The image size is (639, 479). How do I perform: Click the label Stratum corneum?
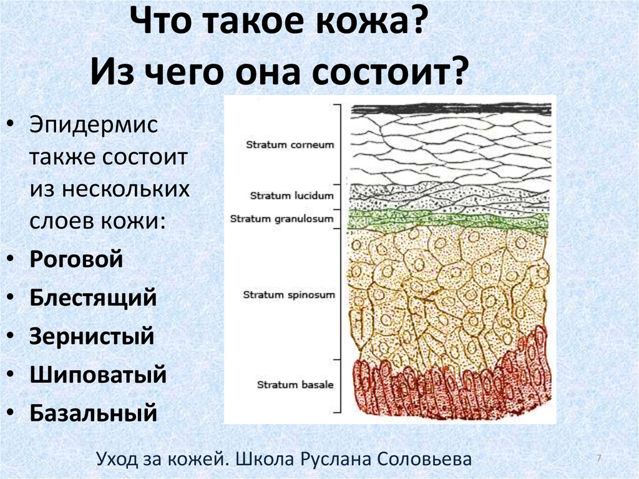point(290,145)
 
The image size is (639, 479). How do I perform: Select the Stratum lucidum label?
point(292,196)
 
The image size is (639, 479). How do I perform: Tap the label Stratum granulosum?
point(281,219)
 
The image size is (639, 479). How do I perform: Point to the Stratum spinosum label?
point(288,295)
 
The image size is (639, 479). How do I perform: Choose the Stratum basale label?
point(295,385)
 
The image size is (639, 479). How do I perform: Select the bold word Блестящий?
point(93,298)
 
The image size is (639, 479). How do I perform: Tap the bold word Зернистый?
point(92,336)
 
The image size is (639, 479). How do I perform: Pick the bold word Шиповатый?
point(98,375)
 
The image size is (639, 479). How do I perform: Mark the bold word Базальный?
point(94,413)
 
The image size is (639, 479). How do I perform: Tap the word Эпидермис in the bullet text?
point(94,126)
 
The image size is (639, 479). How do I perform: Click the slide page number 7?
point(598,458)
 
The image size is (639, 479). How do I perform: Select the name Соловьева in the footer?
point(424,459)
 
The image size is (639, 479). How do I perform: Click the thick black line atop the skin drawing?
point(452,109)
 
